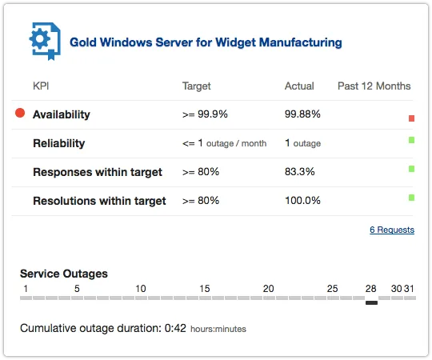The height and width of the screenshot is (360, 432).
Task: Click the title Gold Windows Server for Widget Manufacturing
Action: coord(206,42)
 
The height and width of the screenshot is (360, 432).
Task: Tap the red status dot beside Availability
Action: coord(20,114)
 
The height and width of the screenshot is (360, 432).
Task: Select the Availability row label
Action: coord(62,114)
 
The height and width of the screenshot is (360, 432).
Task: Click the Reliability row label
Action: coord(58,143)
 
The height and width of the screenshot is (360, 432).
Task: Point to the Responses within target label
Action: coord(97,172)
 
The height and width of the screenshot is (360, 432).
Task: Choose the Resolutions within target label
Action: coord(99,201)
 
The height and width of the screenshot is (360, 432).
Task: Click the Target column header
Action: coord(197,86)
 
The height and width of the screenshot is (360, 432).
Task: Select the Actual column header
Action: coord(299,86)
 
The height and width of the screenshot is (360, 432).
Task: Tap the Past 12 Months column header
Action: coord(374,86)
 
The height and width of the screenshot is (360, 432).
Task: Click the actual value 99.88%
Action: coord(302,114)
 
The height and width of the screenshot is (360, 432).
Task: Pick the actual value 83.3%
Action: coord(300,172)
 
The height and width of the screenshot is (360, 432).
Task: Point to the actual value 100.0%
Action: coord(302,201)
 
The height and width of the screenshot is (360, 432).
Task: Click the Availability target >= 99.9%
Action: coord(205,114)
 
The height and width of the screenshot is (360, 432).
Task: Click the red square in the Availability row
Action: coord(411,118)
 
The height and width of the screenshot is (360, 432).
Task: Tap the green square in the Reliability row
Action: coord(411,140)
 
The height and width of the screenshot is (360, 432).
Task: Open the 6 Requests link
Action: coord(392,230)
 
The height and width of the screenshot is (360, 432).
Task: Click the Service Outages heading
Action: coord(64,274)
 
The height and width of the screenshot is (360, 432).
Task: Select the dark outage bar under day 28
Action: coord(371,302)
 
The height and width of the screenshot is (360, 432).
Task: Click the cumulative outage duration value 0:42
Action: coord(176,328)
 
